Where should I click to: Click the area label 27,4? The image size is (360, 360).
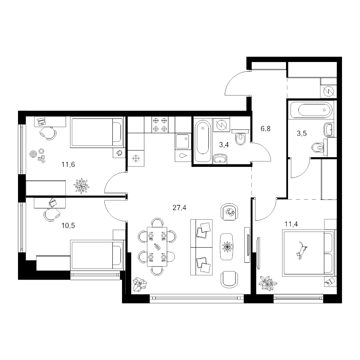pyautogui.click(x=179, y=208)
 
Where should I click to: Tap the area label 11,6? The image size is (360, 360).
pyautogui.click(x=68, y=164)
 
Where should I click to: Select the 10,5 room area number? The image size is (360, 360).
pyautogui.click(x=68, y=226)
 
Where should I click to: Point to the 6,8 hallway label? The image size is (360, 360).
pyautogui.click(x=266, y=128)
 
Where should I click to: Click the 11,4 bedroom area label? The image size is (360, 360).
pyautogui.click(x=291, y=224)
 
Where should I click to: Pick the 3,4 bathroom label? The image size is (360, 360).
pyautogui.click(x=224, y=145)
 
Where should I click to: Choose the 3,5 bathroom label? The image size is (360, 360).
pyautogui.click(x=302, y=133)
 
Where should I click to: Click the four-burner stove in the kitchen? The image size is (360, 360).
pyautogui.click(x=160, y=125)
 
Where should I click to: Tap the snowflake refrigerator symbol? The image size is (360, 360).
pyautogui.click(x=136, y=158)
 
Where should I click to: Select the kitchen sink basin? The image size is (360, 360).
pyautogui.click(x=182, y=142)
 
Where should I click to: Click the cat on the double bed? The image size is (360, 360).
pyautogui.click(x=301, y=250)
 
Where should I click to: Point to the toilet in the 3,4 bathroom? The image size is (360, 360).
pyautogui.click(x=240, y=138)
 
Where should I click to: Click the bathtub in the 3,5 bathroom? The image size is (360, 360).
pyautogui.click(x=311, y=110)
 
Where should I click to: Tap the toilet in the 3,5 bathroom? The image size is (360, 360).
pyautogui.click(x=318, y=147)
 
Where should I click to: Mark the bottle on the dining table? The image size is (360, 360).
pyautogui.click(x=157, y=246)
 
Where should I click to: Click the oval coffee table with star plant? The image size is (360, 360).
pyautogui.click(x=227, y=247)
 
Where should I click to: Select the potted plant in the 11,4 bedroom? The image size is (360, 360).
pyautogui.click(x=268, y=283)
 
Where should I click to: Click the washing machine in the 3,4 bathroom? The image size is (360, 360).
pyautogui.click(x=221, y=125)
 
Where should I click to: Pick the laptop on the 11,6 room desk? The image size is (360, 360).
pyautogui.click(x=41, y=121)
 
